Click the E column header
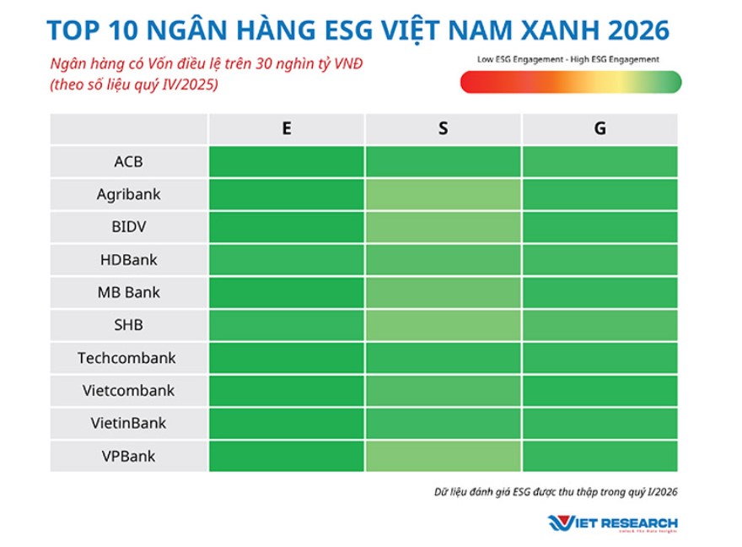coord(287,129)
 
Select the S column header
coord(444,129)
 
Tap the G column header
coord(600,129)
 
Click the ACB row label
coord(128,161)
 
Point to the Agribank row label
coord(128,194)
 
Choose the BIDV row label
coord(128,227)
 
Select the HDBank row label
coord(128,260)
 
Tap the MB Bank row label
coord(128,293)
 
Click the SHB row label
coord(128,325)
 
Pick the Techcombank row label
coord(127,358)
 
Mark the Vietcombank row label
coord(128,391)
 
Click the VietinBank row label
coord(128,423)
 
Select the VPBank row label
coord(128,456)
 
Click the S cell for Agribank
coord(444,194)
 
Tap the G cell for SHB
coord(600,325)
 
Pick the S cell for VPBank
coord(444,456)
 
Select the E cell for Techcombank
coord(287,358)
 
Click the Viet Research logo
coord(613,523)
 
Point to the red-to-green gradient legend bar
coord(570,82)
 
